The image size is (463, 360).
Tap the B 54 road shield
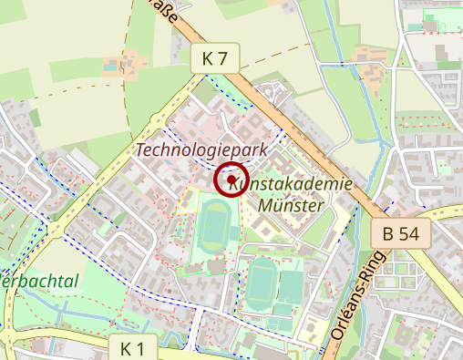400,234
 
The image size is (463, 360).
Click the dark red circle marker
231,179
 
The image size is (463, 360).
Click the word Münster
291,205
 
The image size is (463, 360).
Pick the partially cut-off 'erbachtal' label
40,281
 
